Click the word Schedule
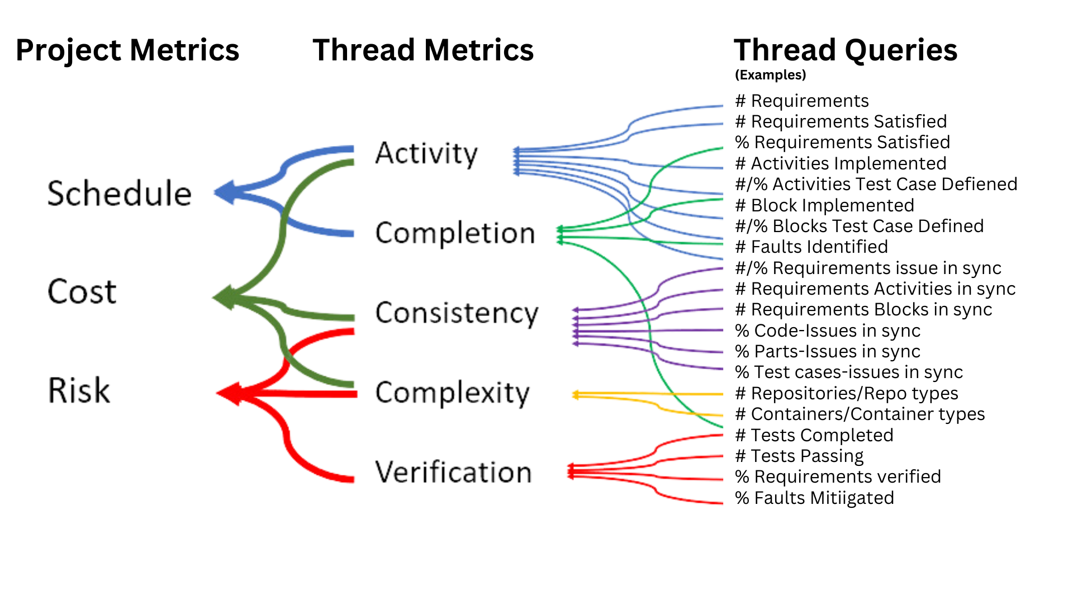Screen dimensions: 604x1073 pos(118,194)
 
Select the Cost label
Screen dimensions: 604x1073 pos(82,291)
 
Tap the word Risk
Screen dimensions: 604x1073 pos(79,390)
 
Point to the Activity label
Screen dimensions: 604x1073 pos(426,154)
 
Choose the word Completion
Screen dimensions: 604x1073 pos(454,233)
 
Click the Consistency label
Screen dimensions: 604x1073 pos(456,313)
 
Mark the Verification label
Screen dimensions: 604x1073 pos(453,473)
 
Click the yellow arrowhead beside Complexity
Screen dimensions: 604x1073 pos(576,395)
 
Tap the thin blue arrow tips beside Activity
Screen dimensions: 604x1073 pos(515,162)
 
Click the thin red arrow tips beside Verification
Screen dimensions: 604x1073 pos(570,471)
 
